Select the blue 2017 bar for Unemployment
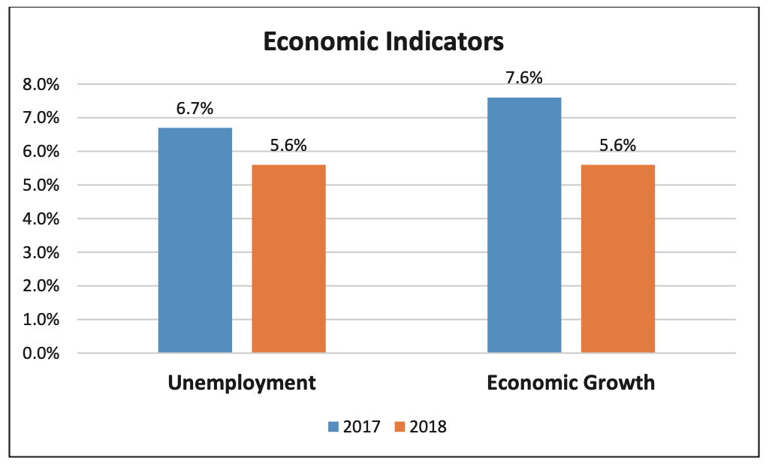(x=195, y=240)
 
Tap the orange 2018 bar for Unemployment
(x=288, y=259)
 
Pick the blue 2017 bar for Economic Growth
(x=524, y=225)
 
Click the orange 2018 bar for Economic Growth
(x=617, y=259)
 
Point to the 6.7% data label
(x=195, y=109)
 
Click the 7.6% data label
(x=524, y=78)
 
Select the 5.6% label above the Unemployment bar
(x=288, y=146)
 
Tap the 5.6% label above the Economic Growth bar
(x=617, y=146)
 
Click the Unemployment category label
(x=242, y=383)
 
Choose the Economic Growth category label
(x=571, y=383)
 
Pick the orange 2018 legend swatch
(x=400, y=427)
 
